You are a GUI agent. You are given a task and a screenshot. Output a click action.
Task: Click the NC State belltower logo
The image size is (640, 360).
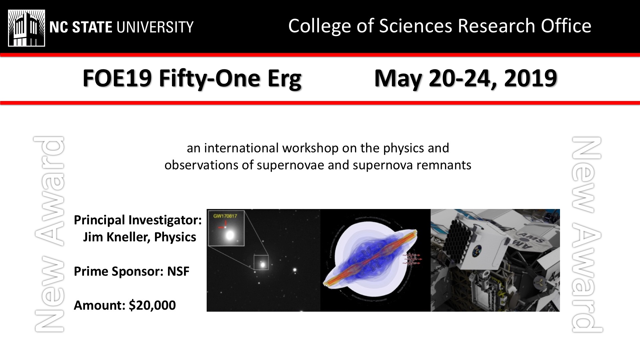click(x=26, y=28)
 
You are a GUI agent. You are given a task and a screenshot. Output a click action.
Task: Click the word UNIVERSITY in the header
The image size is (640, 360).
click(x=155, y=27)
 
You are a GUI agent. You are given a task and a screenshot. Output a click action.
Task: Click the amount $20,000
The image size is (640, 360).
click(x=152, y=305)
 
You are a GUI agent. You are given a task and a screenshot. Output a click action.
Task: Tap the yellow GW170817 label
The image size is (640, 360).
click(x=225, y=216)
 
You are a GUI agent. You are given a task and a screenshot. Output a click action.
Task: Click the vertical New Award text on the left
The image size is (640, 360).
click(x=49, y=234)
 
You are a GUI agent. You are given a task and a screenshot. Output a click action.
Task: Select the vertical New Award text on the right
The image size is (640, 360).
click(x=586, y=234)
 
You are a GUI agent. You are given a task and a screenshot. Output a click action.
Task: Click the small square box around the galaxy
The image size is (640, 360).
click(x=261, y=262)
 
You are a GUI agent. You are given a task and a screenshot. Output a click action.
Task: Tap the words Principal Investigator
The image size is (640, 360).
click(x=138, y=220)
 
